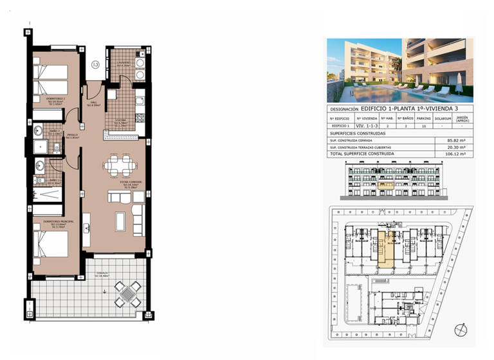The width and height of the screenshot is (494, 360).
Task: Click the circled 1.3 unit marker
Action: point(95,63)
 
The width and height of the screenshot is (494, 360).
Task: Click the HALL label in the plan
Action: point(93,104)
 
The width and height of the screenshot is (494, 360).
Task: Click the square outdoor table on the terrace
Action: point(128,294)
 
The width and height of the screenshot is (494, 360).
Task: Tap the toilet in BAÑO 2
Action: point(57,147)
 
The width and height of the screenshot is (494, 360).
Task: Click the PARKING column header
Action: point(423,118)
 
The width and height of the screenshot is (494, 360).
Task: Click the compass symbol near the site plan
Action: point(461,330)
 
